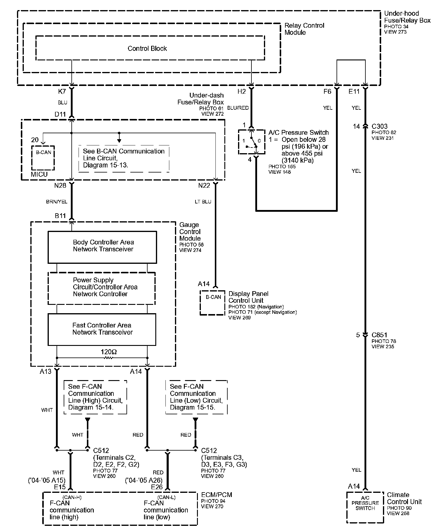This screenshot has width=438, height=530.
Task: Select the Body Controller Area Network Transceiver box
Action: [x=102, y=247]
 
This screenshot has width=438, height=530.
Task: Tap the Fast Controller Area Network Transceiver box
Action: [x=102, y=329]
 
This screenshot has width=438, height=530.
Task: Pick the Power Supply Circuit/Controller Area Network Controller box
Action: [x=101, y=288]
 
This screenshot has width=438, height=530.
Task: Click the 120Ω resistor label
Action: [x=109, y=352]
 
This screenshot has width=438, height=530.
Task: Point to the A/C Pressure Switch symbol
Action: [x=251, y=142]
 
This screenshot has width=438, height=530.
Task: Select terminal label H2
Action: [x=242, y=92]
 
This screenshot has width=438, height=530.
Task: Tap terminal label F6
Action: [x=327, y=92]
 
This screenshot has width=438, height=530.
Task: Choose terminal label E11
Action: [x=354, y=92]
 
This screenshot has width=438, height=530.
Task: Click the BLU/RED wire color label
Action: [x=238, y=108]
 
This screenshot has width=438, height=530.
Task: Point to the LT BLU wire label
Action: [x=203, y=202]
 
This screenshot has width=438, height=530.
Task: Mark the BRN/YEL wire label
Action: [x=57, y=202]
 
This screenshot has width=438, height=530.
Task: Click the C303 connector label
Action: [x=379, y=126]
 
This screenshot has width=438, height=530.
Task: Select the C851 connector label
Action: [x=379, y=335]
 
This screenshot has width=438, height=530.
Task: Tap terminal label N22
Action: [x=204, y=186]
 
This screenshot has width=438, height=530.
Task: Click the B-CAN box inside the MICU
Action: [x=43, y=158]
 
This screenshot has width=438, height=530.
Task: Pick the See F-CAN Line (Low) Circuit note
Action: [x=196, y=397]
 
